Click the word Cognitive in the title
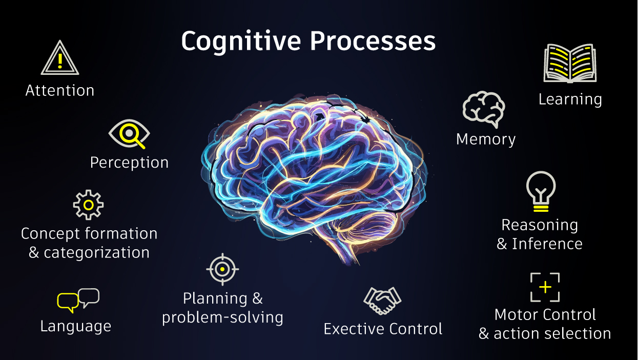[241, 42]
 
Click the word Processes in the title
[373, 41]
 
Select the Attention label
[60, 91]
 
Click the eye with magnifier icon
[129, 133]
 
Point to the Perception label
[129, 163]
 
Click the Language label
[76, 327]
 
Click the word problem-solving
[223, 318]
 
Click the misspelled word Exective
[355, 329]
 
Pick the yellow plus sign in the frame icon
[545, 287]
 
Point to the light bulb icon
[541, 191]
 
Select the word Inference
[547, 244]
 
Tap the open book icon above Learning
[570, 63]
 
